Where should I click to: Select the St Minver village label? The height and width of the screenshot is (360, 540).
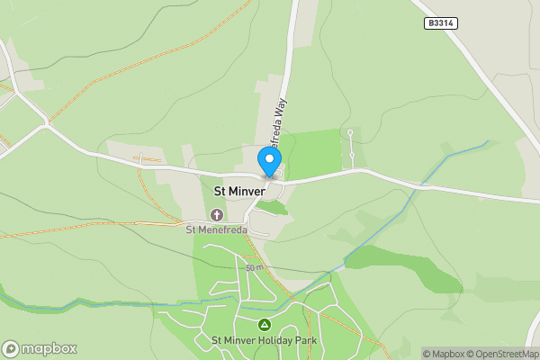pos(238,192)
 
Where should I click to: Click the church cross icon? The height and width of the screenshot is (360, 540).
pos(216,214)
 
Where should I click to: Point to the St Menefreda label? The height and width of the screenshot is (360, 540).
pos(216,229)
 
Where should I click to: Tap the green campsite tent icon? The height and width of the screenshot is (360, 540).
pos(264,324)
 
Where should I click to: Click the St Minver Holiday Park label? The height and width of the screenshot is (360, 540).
pos(264,340)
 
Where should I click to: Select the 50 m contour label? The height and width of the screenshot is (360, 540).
pos(253,267)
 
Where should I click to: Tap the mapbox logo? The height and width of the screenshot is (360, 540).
pos(39,348)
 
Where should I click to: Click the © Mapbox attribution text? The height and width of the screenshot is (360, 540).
pos(443,354)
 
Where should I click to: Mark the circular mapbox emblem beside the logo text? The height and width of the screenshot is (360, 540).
pos(11,348)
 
